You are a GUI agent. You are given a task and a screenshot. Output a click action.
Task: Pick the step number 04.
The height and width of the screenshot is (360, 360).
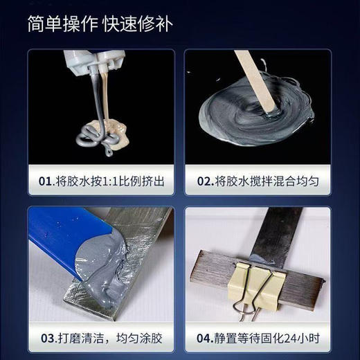click(204, 339)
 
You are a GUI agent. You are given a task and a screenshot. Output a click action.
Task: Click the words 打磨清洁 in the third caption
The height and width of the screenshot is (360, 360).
click(81, 339)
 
